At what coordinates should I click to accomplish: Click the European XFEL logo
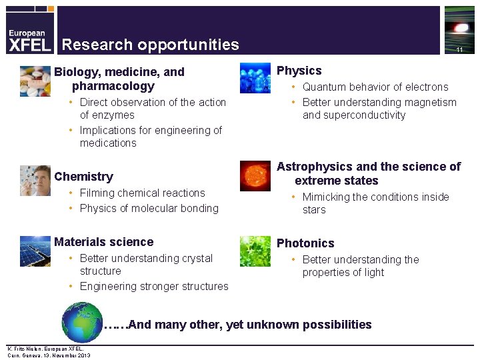point(27,39)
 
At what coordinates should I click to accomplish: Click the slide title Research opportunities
point(150,45)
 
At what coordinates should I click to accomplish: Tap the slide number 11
point(459,50)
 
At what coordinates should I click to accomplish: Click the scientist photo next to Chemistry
point(35,181)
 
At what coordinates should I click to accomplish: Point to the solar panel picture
point(35,251)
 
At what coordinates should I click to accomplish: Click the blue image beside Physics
point(255,78)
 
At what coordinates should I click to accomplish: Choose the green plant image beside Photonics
point(255,251)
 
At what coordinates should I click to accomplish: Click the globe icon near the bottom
point(82,323)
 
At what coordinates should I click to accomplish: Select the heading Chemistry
point(83,177)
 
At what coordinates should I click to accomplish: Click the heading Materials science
point(103,242)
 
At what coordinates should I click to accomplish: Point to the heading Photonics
point(305,243)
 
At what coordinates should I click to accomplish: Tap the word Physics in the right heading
point(299,71)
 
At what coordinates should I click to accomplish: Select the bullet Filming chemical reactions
point(142,193)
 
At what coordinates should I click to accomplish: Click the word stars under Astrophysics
point(314,210)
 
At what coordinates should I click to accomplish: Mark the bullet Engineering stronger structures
point(154,287)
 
